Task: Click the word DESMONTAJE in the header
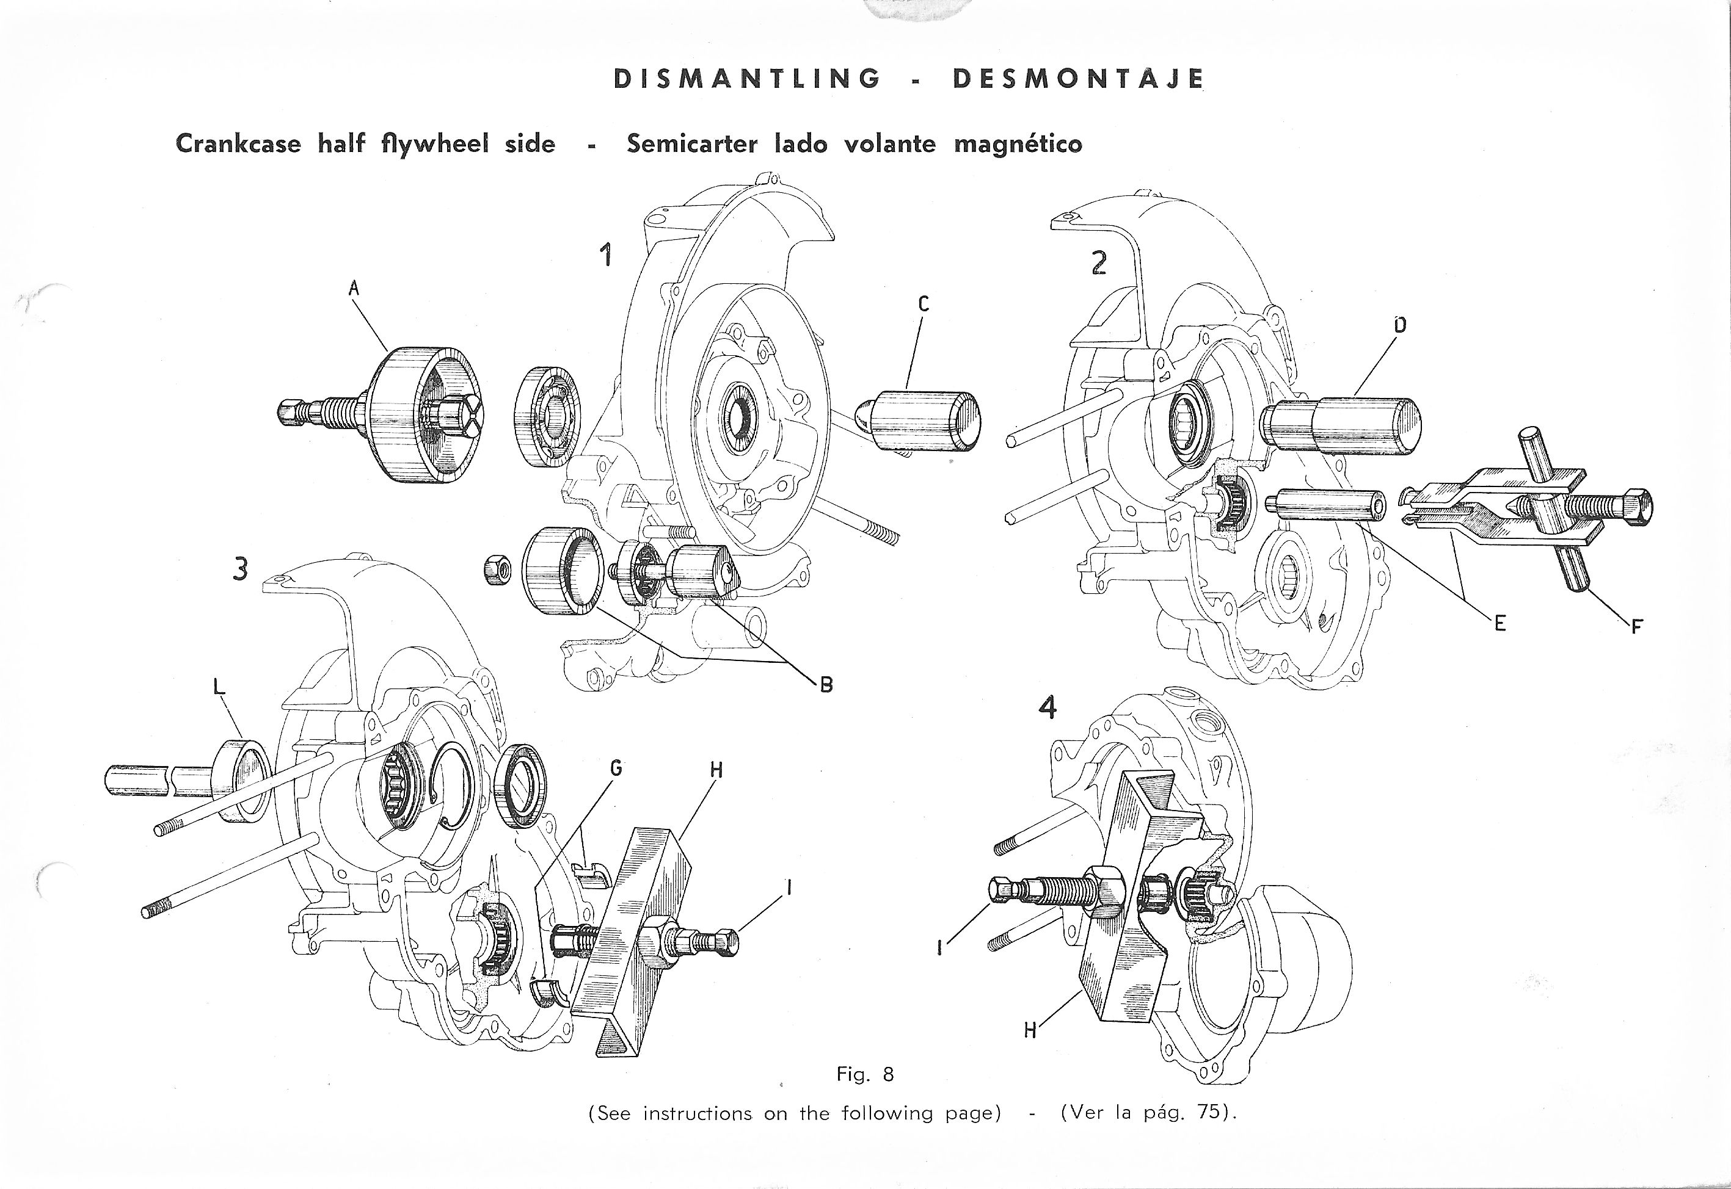[x=1078, y=79]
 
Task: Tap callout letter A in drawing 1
[x=354, y=288]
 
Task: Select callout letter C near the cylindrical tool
[x=924, y=303]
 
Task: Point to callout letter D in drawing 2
[x=1399, y=324]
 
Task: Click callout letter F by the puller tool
[x=1637, y=626]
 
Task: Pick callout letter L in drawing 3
[x=219, y=688]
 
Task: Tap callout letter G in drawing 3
[x=616, y=767]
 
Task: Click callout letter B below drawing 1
[x=826, y=684]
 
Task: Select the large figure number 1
[x=608, y=256]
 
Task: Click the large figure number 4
[x=1048, y=707]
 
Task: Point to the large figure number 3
[x=240, y=569]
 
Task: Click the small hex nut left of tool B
[x=497, y=571]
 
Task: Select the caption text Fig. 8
[x=865, y=1074]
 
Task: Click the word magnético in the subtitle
[x=1018, y=143]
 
